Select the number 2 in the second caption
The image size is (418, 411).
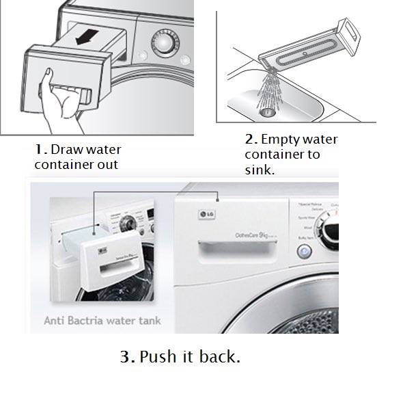[249, 140]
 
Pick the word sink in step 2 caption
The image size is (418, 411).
[258, 170]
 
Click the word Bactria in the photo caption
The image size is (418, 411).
[96, 319]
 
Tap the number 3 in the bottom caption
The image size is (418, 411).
[124, 357]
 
